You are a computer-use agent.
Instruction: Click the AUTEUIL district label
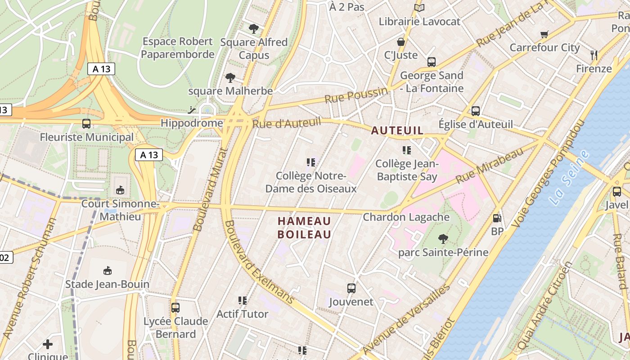[397, 130]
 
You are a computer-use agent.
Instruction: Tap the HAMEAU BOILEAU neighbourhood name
[304, 228]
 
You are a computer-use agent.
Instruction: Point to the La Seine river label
[570, 178]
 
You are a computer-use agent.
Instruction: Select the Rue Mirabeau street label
[490, 165]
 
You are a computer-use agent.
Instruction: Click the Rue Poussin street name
[356, 95]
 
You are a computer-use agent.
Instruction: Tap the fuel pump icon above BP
[497, 218]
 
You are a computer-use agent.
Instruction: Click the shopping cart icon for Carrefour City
[544, 34]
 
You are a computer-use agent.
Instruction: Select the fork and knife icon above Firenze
[594, 55]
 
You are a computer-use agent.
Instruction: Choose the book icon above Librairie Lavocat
[419, 8]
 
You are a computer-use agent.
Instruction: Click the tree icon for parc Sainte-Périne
[443, 238]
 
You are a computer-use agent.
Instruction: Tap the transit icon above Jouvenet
[351, 288]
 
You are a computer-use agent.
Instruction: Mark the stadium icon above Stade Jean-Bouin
[108, 270]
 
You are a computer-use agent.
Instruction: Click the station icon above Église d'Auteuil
[476, 111]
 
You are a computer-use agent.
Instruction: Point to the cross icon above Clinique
[48, 344]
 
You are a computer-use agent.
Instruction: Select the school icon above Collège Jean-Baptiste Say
[407, 150]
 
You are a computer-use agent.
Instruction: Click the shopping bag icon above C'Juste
[400, 42]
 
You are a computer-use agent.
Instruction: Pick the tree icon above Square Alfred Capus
[254, 29]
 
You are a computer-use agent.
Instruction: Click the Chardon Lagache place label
[406, 217]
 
